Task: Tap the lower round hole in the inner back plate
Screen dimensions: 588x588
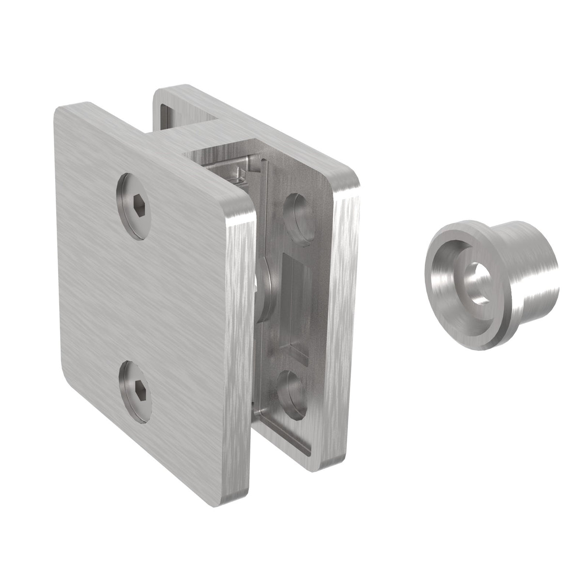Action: [x=294, y=393]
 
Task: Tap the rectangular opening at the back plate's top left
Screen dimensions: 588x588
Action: [x=170, y=114]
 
